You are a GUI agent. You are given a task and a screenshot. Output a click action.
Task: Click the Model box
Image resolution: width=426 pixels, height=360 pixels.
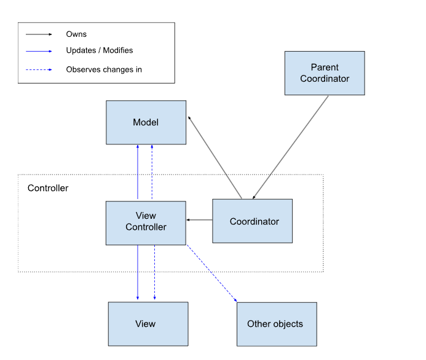click(x=146, y=122)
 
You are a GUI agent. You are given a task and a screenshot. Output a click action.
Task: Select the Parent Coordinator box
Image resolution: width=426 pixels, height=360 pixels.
click(x=325, y=73)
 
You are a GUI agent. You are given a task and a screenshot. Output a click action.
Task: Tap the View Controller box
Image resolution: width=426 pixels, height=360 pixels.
click(x=146, y=223)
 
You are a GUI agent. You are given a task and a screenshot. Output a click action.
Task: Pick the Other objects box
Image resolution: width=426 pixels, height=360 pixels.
click(x=277, y=324)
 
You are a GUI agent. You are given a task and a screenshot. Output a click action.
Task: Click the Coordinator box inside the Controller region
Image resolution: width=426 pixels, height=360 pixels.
click(x=253, y=221)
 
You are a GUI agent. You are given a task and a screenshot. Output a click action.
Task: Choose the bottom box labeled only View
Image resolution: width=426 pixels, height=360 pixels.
click(x=148, y=324)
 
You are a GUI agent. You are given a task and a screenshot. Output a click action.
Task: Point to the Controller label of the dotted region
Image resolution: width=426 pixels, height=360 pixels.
click(x=48, y=188)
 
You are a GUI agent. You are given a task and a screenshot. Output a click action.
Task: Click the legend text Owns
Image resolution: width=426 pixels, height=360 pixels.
click(x=76, y=34)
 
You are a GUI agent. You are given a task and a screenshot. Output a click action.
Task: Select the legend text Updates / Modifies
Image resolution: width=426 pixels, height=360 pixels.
click(x=100, y=50)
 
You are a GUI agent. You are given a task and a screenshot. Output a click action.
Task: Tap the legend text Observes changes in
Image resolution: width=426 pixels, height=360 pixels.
click(x=104, y=69)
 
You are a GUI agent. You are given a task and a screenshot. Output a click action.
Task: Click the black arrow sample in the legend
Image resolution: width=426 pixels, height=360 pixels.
click(x=39, y=34)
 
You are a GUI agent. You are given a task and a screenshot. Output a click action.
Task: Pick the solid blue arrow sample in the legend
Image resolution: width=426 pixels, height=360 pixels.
click(x=39, y=51)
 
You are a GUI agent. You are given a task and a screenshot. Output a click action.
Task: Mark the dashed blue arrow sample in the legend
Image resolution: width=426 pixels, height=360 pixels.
click(x=39, y=70)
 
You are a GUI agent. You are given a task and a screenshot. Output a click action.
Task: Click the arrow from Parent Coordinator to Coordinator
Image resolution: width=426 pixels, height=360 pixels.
click(x=290, y=147)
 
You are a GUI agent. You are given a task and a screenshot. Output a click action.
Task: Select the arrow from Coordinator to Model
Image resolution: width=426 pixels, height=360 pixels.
click(x=215, y=157)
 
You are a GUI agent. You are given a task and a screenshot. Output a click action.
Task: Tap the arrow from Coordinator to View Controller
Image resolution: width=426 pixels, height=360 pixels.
click(x=199, y=220)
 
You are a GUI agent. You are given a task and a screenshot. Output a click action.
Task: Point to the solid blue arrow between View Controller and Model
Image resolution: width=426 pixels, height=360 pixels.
click(x=138, y=172)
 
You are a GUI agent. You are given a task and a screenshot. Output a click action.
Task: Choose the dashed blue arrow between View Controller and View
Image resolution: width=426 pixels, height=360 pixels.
click(x=154, y=272)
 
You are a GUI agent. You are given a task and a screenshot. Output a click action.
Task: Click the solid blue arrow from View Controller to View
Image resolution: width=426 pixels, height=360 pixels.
click(x=138, y=272)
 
